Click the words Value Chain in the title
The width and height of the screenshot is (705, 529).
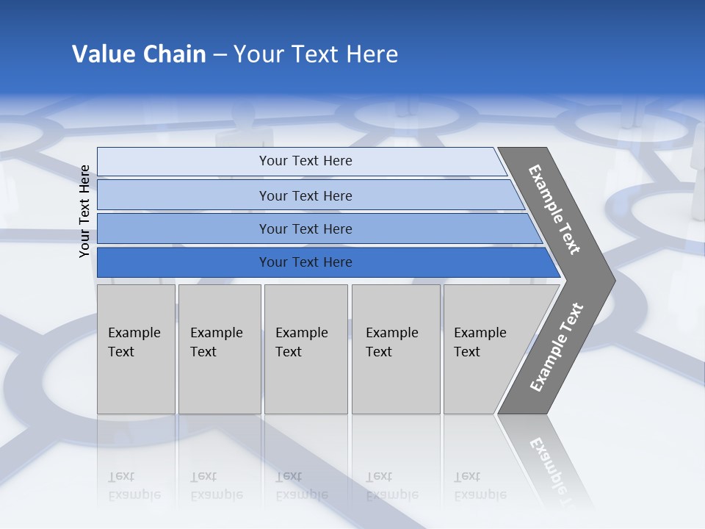139,54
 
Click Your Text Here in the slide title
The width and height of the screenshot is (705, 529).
316,54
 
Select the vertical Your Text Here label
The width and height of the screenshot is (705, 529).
84,212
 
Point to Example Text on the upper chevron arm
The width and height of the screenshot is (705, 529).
554,209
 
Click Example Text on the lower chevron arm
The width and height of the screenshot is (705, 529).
556,348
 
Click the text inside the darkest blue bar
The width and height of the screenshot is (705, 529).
305,262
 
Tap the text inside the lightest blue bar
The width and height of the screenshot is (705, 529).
305,161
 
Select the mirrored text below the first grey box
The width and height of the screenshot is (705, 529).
134,486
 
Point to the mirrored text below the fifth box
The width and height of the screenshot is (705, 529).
480,486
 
